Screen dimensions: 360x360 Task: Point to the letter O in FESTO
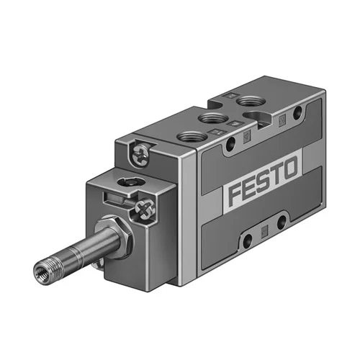[x=289, y=168]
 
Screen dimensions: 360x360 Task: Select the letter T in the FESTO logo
[x=275, y=174]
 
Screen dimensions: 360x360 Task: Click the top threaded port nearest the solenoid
[x=192, y=138]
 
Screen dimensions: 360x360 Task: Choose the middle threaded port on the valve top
[x=214, y=118]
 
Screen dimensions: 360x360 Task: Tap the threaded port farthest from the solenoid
[x=250, y=101]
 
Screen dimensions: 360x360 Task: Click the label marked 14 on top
[x=216, y=132]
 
